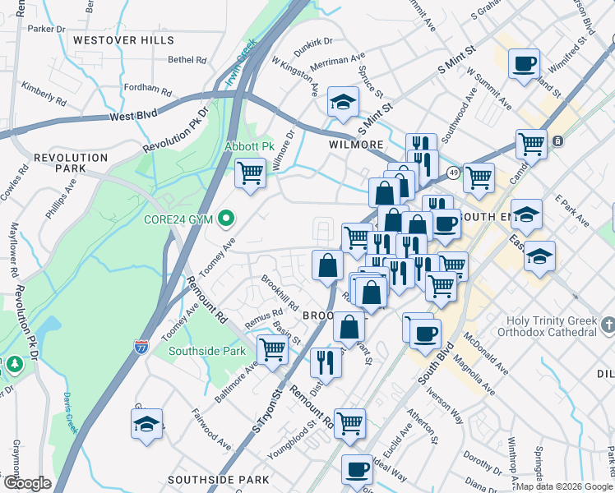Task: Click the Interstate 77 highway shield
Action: (x=141, y=348)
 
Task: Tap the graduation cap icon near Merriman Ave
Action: (x=343, y=102)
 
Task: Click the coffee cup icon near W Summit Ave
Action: (x=523, y=63)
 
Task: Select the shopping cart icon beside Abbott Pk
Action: (x=250, y=173)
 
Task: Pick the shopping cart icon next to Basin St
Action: (x=271, y=348)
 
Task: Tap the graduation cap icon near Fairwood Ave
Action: (x=146, y=424)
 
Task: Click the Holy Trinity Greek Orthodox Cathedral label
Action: (x=546, y=326)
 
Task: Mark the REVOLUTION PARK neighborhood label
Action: (x=60, y=162)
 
